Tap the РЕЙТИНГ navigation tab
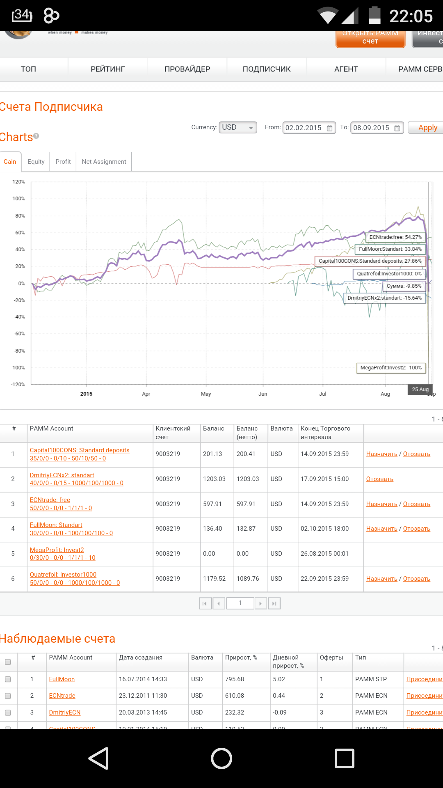point(107,69)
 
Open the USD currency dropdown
point(238,128)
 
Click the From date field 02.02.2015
point(304,128)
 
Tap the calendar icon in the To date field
point(397,128)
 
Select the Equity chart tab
point(36,162)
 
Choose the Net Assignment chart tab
point(104,162)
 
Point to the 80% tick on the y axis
point(20,216)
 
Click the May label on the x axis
point(206,394)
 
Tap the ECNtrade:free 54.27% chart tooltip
point(395,237)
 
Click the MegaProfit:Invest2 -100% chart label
point(390,368)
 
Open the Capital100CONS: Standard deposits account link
point(80,450)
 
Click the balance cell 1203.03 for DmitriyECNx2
point(214,479)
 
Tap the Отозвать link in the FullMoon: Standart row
point(416,529)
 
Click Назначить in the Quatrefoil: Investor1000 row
point(381,579)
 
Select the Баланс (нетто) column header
point(247,433)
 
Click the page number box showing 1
point(240,603)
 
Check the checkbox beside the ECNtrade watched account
point(8,696)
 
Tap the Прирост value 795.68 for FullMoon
point(235,679)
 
